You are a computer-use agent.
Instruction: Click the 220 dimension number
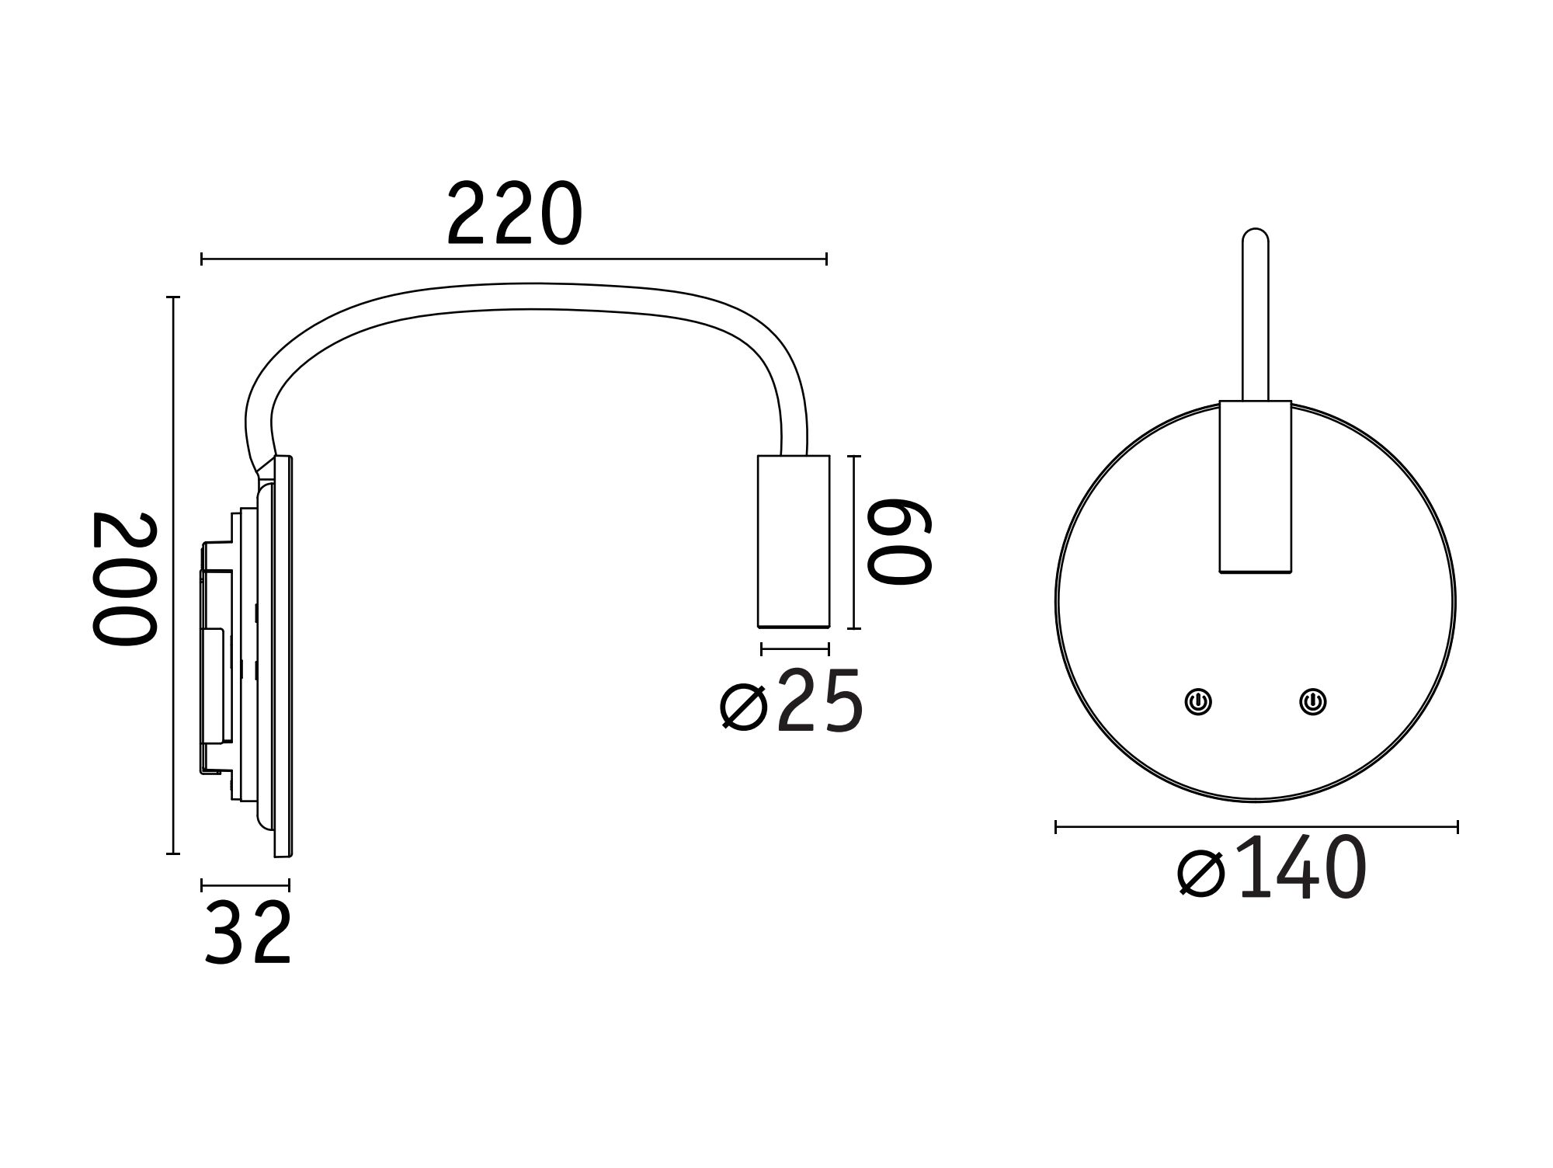click(x=514, y=214)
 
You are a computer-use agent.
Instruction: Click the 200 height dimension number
click(x=124, y=578)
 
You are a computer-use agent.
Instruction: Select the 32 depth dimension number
click(x=247, y=933)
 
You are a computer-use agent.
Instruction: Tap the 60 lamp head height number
click(x=898, y=541)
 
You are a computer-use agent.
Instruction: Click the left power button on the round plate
click(x=1198, y=702)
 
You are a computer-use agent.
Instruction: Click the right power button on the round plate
click(x=1312, y=702)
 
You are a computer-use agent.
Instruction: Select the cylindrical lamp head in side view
click(x=794, y=541)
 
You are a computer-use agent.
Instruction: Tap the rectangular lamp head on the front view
click(x=1255, y=487)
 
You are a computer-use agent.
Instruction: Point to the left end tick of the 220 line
click(x=202, y=259)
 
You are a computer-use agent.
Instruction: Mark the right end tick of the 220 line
click(x=826, y=259)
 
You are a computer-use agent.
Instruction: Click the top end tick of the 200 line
click(x=173, y=297)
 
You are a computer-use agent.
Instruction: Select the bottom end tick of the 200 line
click(x=173, y=853)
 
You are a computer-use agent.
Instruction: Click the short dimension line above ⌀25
click(x=795, y=648)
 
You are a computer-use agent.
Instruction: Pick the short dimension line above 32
click(x=245, y=885)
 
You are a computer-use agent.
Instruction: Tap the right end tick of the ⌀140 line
click(x=1457, y=827)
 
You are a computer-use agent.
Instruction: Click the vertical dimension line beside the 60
click(x=854, y=541)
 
